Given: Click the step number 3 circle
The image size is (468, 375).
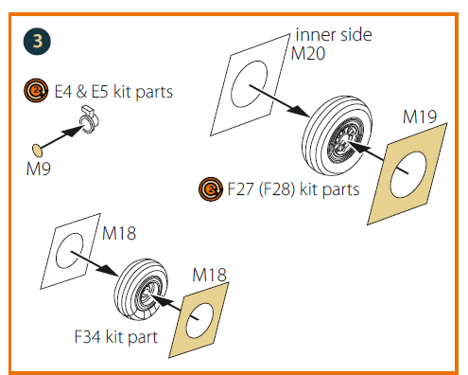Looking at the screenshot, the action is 37,42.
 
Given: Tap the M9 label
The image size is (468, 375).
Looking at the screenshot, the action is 39,169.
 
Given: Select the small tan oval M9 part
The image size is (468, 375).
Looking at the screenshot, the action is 38,151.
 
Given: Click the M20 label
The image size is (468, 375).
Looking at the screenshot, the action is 307,53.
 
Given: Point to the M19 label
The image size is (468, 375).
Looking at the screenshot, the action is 420,116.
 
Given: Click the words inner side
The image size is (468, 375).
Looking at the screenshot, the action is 334,34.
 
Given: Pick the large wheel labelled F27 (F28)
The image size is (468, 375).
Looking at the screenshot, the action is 337,135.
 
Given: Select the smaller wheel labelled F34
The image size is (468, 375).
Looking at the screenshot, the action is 141,290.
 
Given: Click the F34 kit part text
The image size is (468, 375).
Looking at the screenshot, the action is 116,337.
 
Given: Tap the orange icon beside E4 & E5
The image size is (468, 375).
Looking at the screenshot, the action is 36,91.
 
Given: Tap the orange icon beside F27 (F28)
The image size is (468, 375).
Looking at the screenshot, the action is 211,189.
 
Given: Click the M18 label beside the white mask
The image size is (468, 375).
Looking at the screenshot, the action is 119,233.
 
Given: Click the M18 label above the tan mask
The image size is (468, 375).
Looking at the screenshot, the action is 209,275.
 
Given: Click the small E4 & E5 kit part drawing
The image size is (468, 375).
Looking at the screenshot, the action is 89,119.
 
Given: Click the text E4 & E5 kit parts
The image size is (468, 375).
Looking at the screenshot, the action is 113,92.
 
